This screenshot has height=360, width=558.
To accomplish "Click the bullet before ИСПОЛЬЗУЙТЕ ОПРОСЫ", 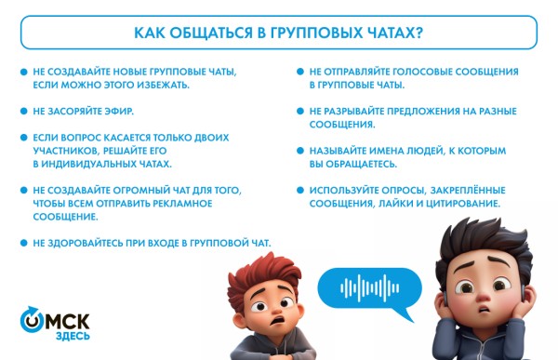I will point(300,189).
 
